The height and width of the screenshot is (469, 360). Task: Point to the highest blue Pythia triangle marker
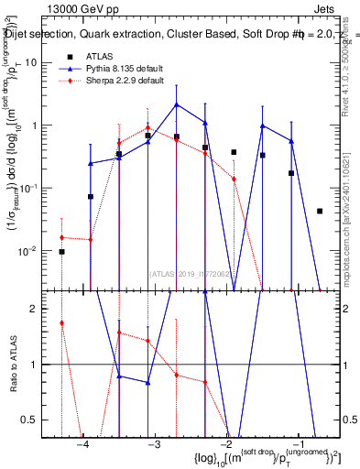tap(177, 104)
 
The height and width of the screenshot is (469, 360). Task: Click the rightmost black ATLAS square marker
tap(320, 211)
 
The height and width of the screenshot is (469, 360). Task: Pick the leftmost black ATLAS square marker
tap(61, 251)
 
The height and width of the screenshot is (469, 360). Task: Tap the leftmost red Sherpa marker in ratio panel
tap(61, 322)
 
